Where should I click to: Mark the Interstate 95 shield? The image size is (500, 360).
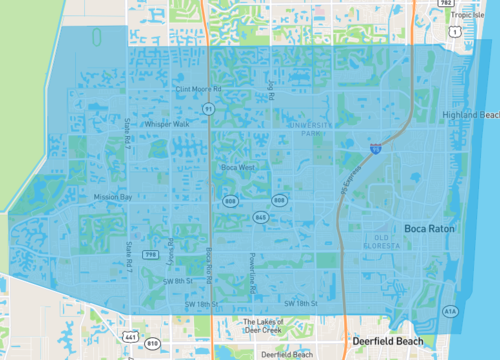point(375,149)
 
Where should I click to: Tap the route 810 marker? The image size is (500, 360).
point(152,344)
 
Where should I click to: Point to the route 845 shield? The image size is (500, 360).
point(260,216)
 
